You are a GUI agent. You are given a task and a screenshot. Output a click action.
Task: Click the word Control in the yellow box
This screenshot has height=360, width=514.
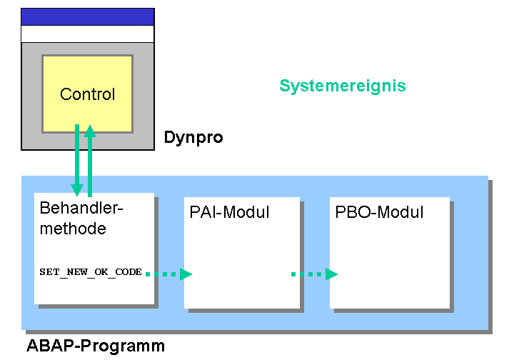coord(87,94)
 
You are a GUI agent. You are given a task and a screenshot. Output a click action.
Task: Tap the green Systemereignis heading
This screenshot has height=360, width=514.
coord(343,86)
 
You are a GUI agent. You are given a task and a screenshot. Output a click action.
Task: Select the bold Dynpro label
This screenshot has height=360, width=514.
coord(193,137)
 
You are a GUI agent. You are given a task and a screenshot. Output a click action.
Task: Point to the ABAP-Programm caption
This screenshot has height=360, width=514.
coord(96,346)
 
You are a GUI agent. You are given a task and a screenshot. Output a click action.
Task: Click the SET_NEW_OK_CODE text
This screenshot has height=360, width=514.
coord(91,272)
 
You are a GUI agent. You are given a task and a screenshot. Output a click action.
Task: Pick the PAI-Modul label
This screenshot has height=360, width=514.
coord(229,212)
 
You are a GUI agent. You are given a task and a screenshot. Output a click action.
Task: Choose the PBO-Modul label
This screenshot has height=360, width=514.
coord(379,212)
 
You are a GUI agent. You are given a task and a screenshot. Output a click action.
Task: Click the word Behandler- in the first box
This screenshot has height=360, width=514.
coord(81,208)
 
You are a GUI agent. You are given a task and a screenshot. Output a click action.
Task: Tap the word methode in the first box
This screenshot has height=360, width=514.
coord(73,229)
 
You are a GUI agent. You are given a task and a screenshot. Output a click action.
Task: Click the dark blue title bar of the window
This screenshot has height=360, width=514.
coord(88,17)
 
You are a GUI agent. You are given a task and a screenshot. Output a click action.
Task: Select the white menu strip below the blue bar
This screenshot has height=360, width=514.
coord(88,34)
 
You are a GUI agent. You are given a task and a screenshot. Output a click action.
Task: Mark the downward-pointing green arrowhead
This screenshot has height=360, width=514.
coord(77,190)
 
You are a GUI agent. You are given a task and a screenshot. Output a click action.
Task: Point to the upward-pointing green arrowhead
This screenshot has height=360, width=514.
coord(90,131)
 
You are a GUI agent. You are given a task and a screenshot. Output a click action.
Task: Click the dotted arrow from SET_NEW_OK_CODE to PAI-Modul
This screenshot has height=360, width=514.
coord(168,274)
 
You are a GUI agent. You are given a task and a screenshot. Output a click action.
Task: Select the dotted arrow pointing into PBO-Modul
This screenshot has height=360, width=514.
coord(314,274)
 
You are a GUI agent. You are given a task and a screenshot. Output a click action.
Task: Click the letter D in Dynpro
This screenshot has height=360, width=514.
coord(169,136)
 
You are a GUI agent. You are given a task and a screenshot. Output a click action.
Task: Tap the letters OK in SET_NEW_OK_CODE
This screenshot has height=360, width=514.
coord(101,272)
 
